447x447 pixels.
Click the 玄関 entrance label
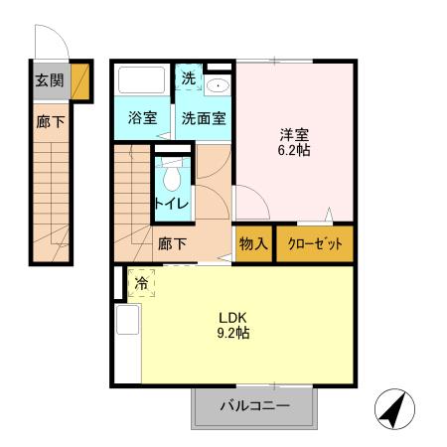49,81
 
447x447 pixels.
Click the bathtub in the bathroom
143,80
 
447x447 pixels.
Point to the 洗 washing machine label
189,78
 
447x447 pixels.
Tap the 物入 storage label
253,244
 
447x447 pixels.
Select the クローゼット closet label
314,244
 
